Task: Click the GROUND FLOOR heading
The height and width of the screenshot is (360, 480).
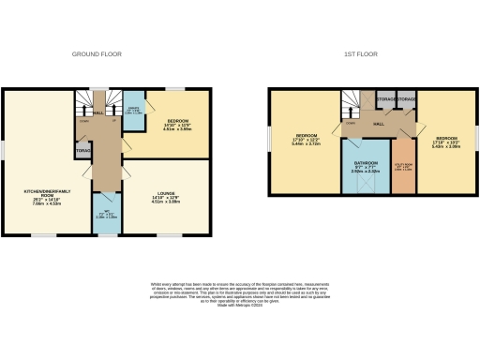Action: click(99, 54)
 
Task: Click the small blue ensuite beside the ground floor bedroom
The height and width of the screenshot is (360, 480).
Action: click(133, 112)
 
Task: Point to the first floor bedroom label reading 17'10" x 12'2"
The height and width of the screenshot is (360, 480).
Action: click(301, 140)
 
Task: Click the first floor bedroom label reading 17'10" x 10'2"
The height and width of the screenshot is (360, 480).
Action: click(443, 140)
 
